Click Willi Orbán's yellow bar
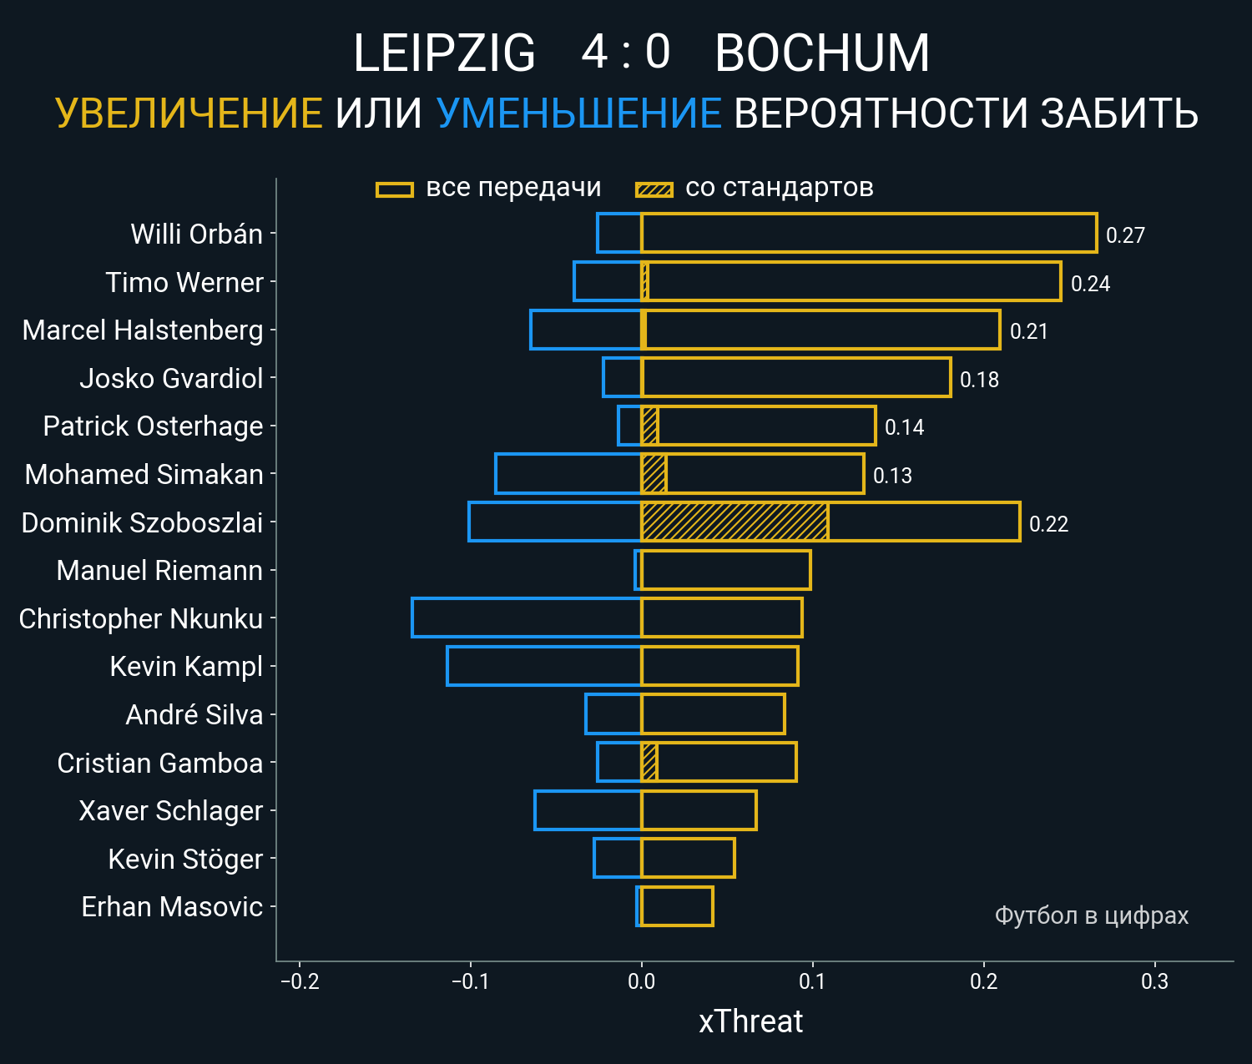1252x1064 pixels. pyautogui.click(x=868, y=233)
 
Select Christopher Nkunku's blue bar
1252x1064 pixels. pyautogui.click(x=526, y=618)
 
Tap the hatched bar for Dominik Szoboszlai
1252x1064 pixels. pyautogui.click(x=735, y=522)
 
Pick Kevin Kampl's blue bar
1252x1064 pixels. pyautogui.click(x=543, y=666)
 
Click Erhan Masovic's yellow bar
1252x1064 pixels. pyautogui.click(x=677, y=906)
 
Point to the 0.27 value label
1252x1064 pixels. pyautogui.click(x=1125, y=235)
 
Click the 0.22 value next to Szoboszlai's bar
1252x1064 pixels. pyautogui.click(x=1048, y=524)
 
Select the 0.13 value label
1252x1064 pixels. pyautogui.click(x=892, y=476)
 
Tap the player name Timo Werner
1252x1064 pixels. pyautogui.click(x=184, y=282)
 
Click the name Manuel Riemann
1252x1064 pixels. pyautogui.click(x=159, y=570)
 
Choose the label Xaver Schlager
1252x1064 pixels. pyautogui.click(x=171, y=810)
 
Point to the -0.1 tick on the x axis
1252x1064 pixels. pyautogui.click(x=470, y=981)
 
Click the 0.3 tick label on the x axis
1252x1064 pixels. pyautogui.click(x=1154, y=981)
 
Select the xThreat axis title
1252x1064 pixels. pyautogui.click(x=750, y=1021)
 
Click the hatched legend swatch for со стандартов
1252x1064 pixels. pyautogui.click(x=654, y=189)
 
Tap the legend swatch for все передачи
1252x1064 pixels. pyautogui.click(x=395, y=189)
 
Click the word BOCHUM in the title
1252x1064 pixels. pyautogui.click(x=822, y=53)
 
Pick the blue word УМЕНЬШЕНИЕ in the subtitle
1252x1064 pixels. pyautogui.click(x=578, y=113)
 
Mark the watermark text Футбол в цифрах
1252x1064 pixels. pyautogui.click(x=1091, y=915)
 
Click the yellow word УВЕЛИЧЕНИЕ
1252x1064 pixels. pyautogui.click(x=189, y=113)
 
